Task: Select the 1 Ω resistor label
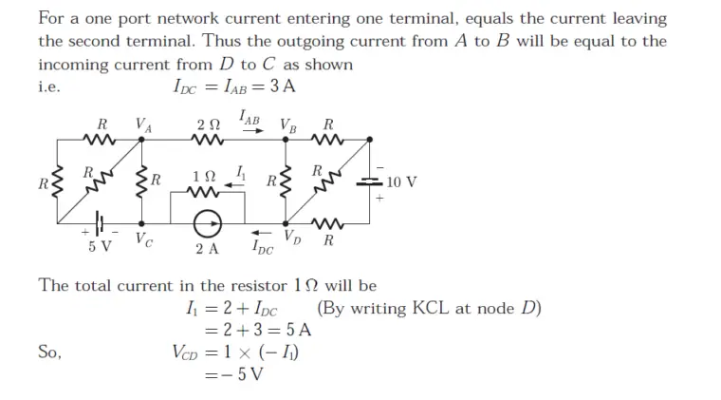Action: pos(203,175)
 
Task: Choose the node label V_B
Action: pos(287,124)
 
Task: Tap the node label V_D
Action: pos(293,237)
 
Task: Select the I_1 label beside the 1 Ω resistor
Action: pos(241,173)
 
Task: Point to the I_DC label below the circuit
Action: pos(263,249)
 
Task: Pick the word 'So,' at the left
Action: pos(50,352)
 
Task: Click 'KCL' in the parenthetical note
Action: pos(434,309)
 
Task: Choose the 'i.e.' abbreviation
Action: pos(49,86)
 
